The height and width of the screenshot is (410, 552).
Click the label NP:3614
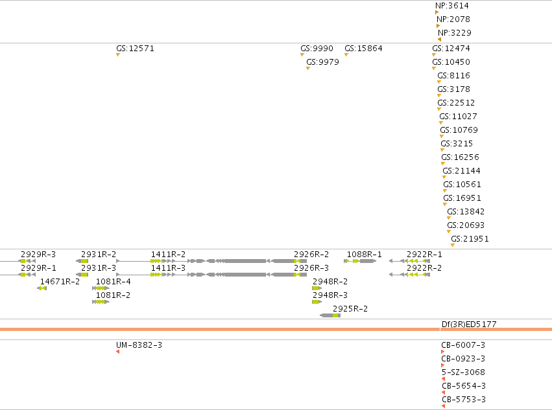tap(452, 6)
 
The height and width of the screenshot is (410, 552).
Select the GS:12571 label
tap(135, 48)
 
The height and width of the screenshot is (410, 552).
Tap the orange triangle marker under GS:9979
tap(308, 68)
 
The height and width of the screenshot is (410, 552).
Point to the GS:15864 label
tap(363, 48)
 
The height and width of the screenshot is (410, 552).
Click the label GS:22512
tap(456, 103)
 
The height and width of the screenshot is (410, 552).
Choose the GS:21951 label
tap(470, 239)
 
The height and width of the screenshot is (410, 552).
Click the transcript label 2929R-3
tap(38, 255)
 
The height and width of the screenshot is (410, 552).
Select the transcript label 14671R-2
tap(60, 281)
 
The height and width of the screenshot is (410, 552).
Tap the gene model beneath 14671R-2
tap(42, 288)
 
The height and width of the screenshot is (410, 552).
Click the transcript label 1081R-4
tap(113, 281)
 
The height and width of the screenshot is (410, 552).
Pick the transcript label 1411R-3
tap(168, 268)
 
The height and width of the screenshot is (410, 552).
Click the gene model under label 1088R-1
tap(360, 261)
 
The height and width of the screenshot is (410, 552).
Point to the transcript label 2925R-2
tap(350, 309)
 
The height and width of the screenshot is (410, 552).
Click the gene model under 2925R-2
tap(330, 315)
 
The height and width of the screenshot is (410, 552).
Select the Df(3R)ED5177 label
tap(469, 325)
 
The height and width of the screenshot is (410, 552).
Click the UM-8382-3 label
tap(139, 345)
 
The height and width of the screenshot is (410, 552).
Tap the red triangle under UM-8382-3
tap(118, 352)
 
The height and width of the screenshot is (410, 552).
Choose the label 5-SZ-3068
tap(463, 372)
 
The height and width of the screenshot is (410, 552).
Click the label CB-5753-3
tap(464, 400)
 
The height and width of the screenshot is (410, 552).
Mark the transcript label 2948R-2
tap(330, 281)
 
